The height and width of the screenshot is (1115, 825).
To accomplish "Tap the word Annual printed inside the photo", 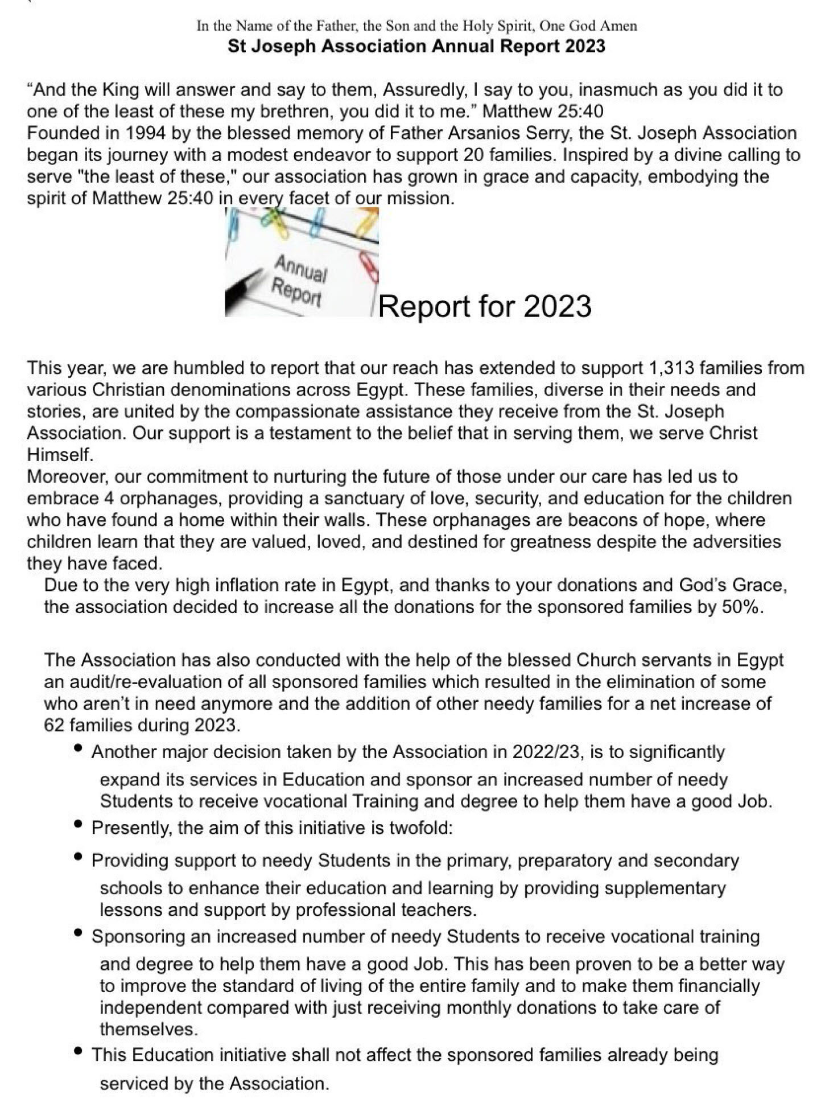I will pyautogui.click(x=301, y=269).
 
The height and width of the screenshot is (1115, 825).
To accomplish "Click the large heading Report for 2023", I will pyautogui.click(x=485, y=306).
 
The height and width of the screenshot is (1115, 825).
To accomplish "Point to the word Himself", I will pyautogui.click(x=59, y=455).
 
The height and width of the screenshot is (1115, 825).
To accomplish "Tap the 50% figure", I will pyautogui.click(x=741, y=607).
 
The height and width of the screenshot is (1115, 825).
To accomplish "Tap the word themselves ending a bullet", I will pyautogui.click(x=148, y=1029).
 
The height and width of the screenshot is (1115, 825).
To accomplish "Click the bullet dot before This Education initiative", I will pyautogui.click(x=79, y=1052).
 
